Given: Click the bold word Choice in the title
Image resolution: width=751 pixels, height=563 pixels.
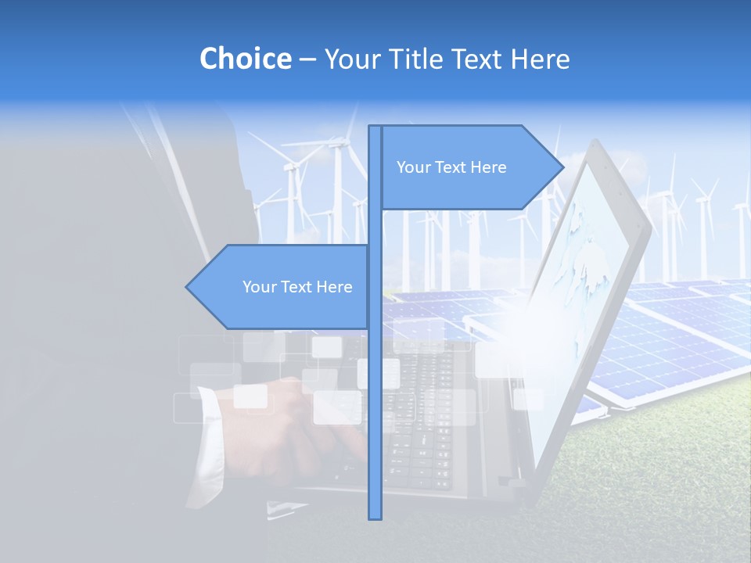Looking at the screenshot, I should pos(245,59).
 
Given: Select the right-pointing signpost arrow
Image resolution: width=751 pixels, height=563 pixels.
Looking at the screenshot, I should pos(469,167).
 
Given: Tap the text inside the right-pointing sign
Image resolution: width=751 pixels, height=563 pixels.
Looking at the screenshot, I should pos(451,167).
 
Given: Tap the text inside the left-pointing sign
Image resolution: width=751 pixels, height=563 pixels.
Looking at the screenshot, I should pos(297,287).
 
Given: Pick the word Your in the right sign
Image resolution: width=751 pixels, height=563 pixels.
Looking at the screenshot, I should pos(412,167).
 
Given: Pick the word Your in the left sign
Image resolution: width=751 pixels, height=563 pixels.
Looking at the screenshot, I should pos(258,287).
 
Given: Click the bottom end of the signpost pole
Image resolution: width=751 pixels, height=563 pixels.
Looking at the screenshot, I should pos(375,516).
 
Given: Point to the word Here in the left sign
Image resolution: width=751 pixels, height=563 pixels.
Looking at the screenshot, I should pos(334,287).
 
